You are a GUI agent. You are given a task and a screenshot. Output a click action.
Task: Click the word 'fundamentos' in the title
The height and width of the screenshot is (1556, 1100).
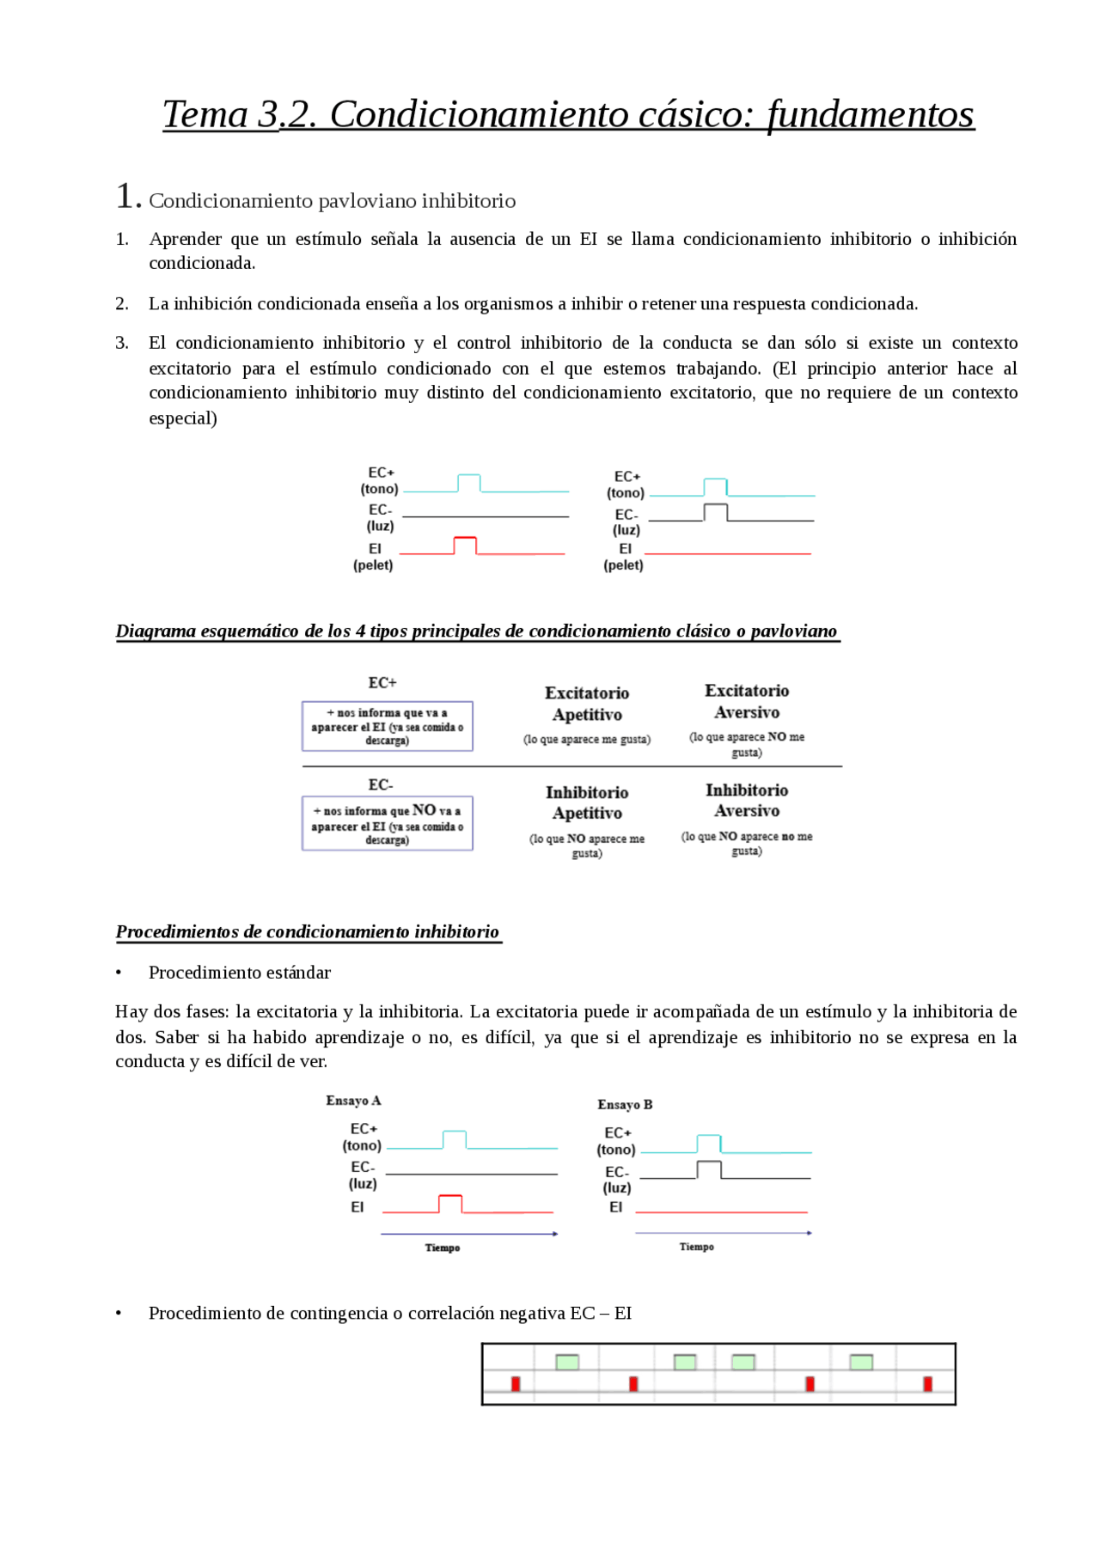[x=871, y=115]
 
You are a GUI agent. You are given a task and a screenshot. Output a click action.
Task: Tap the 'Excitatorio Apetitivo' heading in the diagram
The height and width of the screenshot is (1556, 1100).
[x=587, y=704]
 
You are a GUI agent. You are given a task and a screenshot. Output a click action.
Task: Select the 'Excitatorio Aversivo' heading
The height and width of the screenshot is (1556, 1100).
[x=746, y=701]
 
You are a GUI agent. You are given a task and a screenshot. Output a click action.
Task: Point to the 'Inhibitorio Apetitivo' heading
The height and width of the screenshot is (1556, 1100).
[x=587, y=802]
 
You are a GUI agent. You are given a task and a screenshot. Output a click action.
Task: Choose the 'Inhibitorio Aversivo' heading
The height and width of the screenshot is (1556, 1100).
[x=746, y=800]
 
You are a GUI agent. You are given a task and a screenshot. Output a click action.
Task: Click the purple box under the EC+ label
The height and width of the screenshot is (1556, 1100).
[x=387, y=727]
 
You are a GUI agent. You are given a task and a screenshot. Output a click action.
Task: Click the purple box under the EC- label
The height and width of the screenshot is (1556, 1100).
[x=387, y=824]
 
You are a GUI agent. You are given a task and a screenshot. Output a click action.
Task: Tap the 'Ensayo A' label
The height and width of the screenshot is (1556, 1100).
[x=353, y=1101]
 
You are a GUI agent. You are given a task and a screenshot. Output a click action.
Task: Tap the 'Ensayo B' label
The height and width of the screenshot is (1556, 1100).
[x=625, y=1105]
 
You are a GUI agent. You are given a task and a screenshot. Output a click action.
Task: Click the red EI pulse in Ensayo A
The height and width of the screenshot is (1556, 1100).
[x=450, y=1202]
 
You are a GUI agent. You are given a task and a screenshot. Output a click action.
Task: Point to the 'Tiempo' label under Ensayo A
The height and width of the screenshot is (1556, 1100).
[x=443, y=1248]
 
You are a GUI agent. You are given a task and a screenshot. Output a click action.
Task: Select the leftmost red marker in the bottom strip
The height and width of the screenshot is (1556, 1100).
[x=516, y=1383]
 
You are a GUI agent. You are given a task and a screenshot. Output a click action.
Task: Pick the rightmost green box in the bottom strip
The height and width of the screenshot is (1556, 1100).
[x=861, y=1362]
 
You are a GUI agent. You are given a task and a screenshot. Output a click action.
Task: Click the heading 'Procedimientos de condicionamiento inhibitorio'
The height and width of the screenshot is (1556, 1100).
[x=308, y=932]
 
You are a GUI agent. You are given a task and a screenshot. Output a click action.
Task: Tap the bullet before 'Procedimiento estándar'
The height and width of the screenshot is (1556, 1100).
[x=119, y=973]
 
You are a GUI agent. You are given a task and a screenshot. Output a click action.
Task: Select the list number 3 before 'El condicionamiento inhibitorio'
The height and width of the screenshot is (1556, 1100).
[x=122, y=344]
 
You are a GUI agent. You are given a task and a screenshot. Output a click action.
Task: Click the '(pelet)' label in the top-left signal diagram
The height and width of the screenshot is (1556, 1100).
[x=373, y=565]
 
